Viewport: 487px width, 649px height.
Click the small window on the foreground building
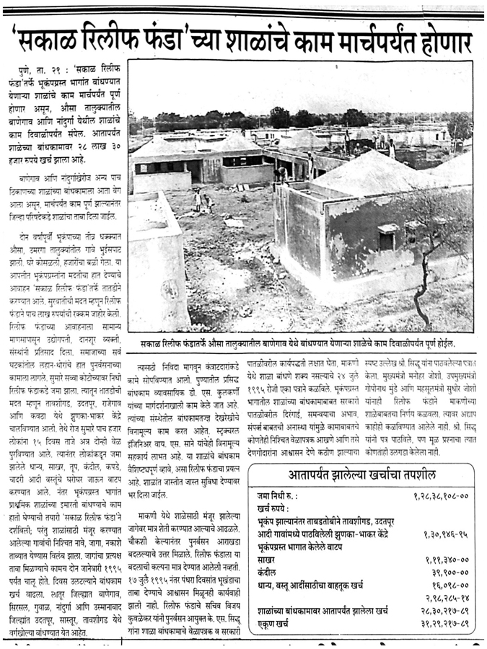point(388,238)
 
